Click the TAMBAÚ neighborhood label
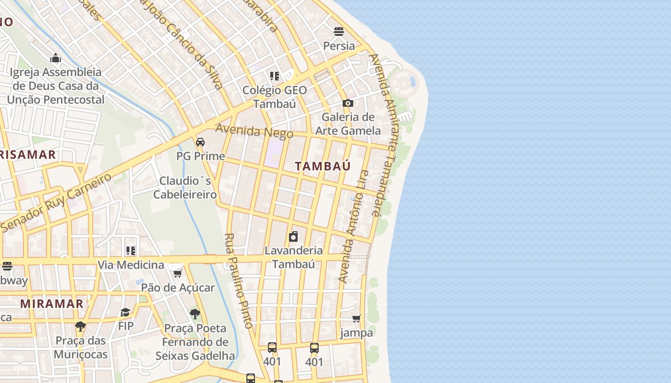tap(323, 166)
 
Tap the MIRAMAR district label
tap(52, 304)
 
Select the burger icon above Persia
tap(339, 32)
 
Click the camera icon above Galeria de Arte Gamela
tap(348, 103)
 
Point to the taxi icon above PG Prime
tap(200, 142)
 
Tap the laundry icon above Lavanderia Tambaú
tap(293, 237)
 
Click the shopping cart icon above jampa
tap(356, 318)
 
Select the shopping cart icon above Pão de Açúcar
tap(177, 273)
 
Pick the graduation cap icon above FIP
tap(126, 312)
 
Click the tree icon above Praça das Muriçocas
tap(81, 327)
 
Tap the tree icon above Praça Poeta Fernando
tap(195, 314)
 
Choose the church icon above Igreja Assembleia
tap(56, 58)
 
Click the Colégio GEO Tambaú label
tap(275, 97)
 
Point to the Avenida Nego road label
tap(254, 131)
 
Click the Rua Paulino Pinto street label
tap(238, 281)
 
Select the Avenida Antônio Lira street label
tap(353, 226)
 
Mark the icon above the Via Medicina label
tap(130, 250)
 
